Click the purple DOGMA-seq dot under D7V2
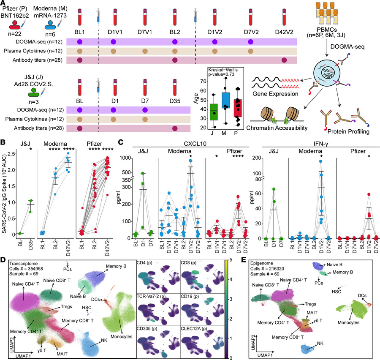(251, 42)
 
